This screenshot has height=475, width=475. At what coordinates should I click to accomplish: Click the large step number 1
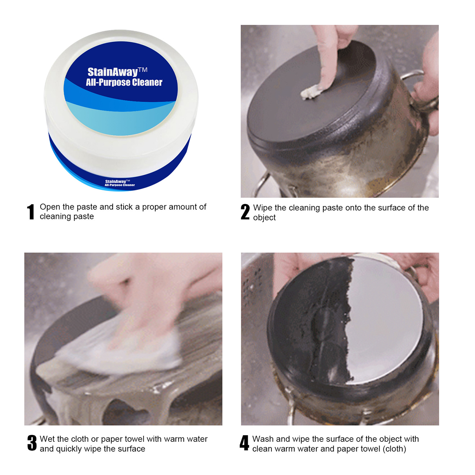[31, 212]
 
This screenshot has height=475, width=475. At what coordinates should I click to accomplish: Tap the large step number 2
[245, 212]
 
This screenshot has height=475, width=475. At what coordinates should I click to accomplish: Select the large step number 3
[32, 443]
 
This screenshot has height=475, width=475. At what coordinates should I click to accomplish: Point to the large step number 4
[244, 443]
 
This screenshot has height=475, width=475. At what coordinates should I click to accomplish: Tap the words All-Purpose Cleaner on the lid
[124, 82]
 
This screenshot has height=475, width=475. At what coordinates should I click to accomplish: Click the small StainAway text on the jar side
[115, 182]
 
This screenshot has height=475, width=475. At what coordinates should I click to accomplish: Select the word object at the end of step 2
[265, 218]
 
